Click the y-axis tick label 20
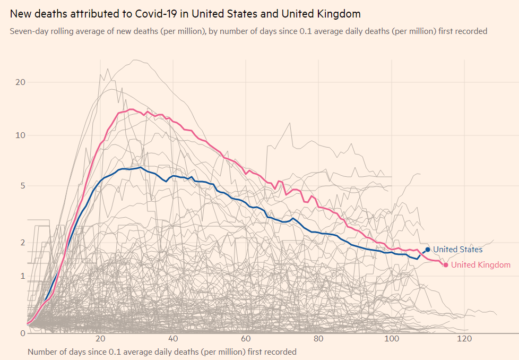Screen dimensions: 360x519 coord(21,82)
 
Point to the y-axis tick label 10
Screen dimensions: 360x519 coord(21,135)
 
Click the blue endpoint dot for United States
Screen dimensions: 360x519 coord(428,249)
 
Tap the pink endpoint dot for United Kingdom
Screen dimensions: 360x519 coord(446,264)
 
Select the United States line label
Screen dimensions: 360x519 coord(458,250)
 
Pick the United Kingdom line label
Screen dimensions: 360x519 coord(481,265)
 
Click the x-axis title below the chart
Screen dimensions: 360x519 coord(162,352)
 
